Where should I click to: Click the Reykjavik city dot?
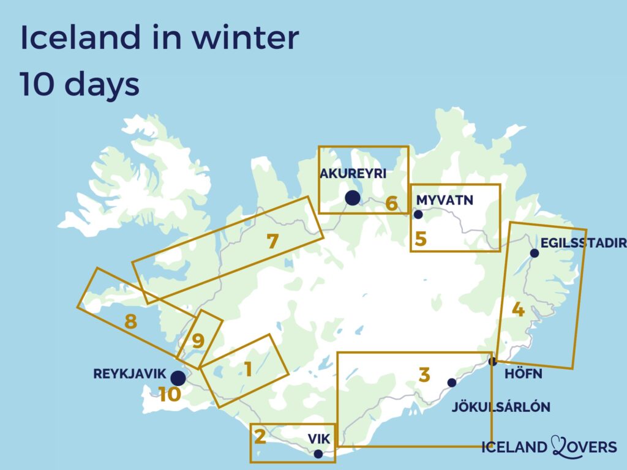(x=178, y=378)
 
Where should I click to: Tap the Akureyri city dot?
(x=352, y=198)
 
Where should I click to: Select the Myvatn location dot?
(x=419, y=214)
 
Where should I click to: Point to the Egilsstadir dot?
(x=535, y=253)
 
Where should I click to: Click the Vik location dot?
(x=318, y=454)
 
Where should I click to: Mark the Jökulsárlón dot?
(x=452, y=382)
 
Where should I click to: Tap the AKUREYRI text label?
(x=353, y=174)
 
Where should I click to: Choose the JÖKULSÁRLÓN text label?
(x=500, y=407)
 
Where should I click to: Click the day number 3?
(x=424, y=375)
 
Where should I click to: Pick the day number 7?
(x=273, y=242)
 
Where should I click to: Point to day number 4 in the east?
(x=518, y=310)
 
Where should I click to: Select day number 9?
(x=198, y=341)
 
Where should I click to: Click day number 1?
(x=248, y=369)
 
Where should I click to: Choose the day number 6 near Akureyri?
(x=391, y=204)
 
